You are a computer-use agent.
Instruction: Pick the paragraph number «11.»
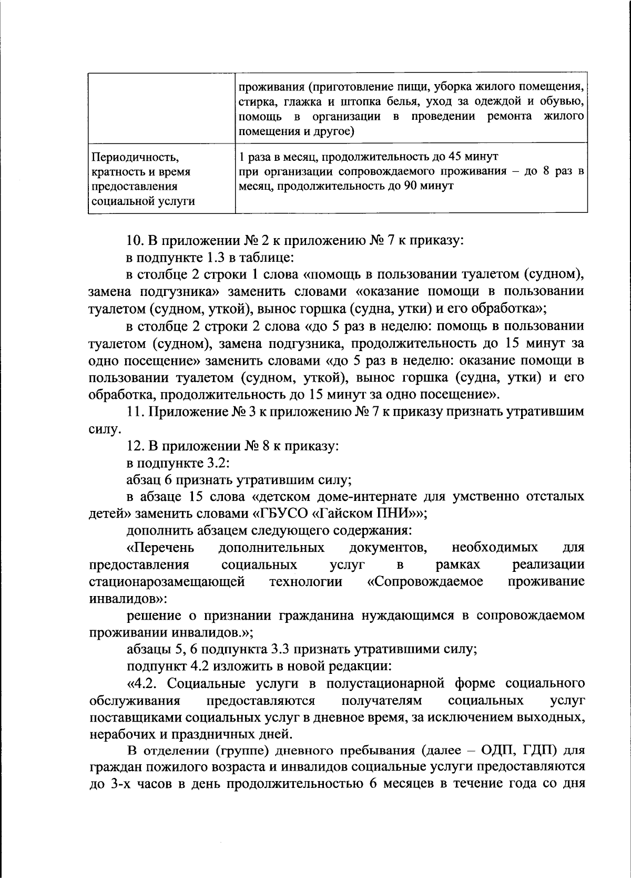click(x=136, y=412)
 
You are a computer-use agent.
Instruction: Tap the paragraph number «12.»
click(x=136, y=446)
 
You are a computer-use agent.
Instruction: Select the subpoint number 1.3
click(x=210, y=258)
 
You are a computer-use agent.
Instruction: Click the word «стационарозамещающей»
click(x=167, y=582)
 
